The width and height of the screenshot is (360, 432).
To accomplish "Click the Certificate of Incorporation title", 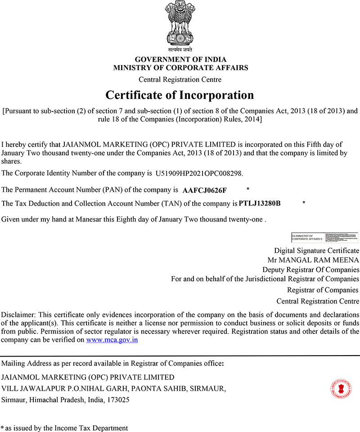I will click(x=180, y=95).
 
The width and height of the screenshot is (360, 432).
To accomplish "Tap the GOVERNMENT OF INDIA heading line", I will click(x=180, y=59).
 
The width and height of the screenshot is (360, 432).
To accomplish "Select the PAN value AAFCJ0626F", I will click(x=205, y=190).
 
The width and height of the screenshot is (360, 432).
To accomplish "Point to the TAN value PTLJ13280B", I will click(x=260, y=203).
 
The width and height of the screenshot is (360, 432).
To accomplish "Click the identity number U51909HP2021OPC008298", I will click(x=199, y=173).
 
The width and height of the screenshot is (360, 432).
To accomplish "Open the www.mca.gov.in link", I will click(x=112, y=340).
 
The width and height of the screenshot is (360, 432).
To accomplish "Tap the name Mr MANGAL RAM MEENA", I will click(x=313, y=260).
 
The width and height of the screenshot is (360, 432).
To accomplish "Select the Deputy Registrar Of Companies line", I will click(x=311, y=270).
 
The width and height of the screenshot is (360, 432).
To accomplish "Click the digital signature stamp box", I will click(x=324, y=237).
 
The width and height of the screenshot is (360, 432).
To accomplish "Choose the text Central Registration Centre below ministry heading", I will click(x=180, y=80).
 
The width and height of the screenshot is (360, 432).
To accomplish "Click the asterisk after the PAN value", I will click(x=248, y=188).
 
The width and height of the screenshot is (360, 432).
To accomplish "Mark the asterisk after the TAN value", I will click(x=304, y=203).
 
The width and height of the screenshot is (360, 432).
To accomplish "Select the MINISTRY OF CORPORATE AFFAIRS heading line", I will click(x=180, y=68).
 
